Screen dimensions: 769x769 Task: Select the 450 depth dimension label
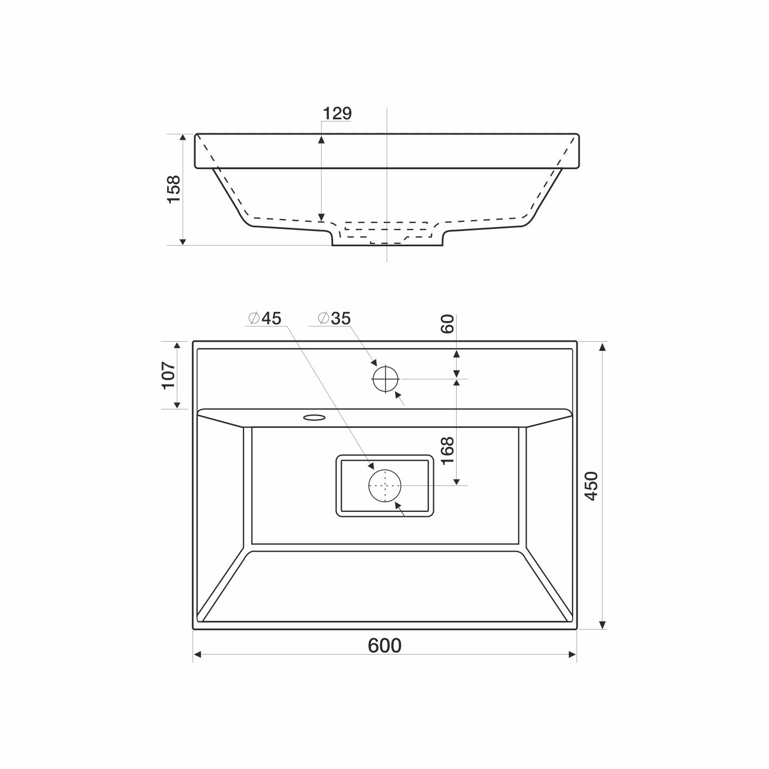pyautogui.click(x=592, y=486)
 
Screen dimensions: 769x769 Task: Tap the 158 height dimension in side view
pyautogui.click(x=174, y=189)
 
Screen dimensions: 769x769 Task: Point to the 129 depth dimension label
pyautogui.click(x=337, y=114)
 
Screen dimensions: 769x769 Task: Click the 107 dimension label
pyautogui.click(x=169, y=375)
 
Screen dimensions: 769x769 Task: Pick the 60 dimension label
pyautogui.click(x=447, y=324)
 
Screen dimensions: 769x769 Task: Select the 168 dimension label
pyautogui.click(x=448, y=450)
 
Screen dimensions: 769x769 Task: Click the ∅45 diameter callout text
pyautogui.click(x=265, y=318)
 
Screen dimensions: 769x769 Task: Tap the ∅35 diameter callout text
pyautogui.click(x=335, y=318)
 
